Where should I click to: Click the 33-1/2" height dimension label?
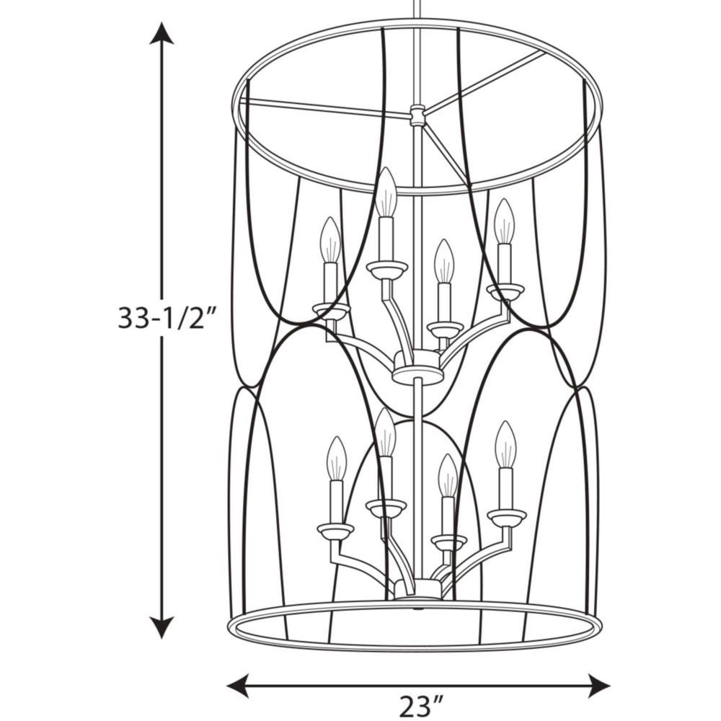(167, 318)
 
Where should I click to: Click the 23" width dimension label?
(421, 707)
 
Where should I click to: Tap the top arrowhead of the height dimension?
(162, 33)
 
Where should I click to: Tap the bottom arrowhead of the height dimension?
(162, 627)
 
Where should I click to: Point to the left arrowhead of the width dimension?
(238, 686)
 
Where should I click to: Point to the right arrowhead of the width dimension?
(598, 686)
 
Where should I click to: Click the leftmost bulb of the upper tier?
(331, 239)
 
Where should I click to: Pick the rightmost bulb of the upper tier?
(505, 221)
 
